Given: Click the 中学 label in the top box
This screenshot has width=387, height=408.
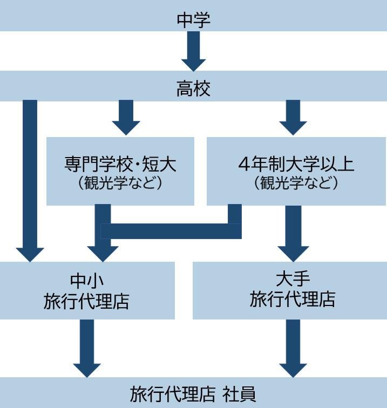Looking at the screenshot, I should [193, 20].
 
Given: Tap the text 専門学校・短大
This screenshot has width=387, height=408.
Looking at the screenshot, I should [120, 164].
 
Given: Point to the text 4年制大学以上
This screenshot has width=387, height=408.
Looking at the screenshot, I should [296, 164].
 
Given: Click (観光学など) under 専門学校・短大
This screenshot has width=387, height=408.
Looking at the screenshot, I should [120, 183].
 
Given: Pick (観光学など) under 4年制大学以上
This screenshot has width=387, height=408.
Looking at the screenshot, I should [296, 183].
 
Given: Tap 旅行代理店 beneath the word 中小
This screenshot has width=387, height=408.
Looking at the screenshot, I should [87, 301].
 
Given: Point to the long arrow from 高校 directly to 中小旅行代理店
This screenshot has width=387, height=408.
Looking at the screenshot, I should [30, 178].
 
